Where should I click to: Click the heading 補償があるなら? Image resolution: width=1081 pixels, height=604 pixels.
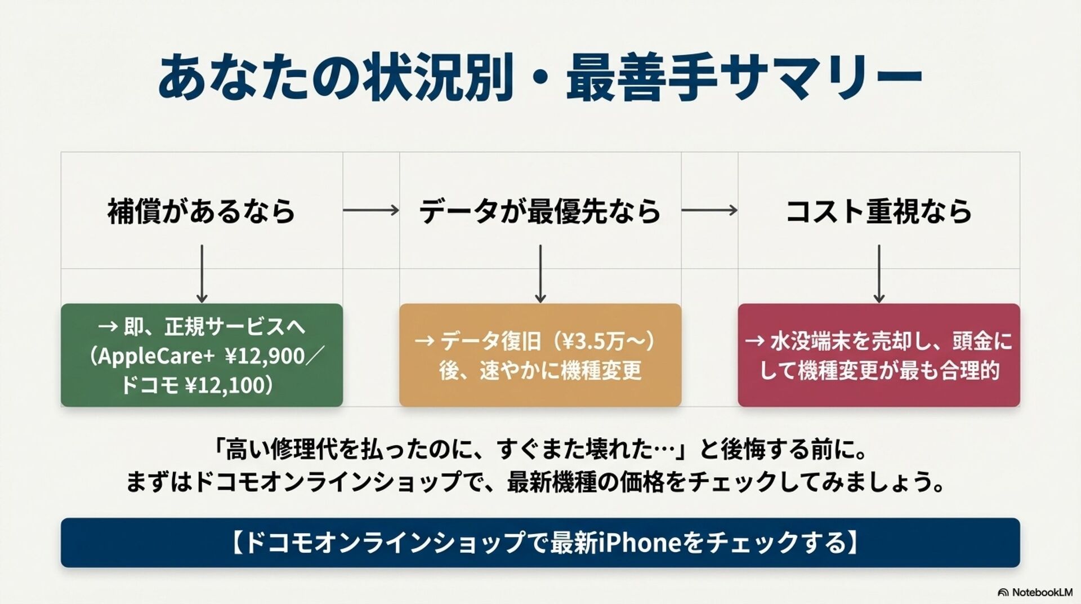(x=202, y=211)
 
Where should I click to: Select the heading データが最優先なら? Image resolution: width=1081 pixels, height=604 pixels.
(x=540, y=211)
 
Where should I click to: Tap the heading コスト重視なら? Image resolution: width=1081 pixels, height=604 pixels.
(x=878, y=211)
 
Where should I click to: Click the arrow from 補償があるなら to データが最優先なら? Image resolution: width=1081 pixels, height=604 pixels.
(x=371, y=210)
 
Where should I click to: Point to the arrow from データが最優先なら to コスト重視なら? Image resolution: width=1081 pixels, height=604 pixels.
(x=709, y=210)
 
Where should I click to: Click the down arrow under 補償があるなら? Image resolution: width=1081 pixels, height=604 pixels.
(x=202, y=274)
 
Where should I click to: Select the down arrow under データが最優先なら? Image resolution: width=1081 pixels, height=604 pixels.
(x=540, y=274)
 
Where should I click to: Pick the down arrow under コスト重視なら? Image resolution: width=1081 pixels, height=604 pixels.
(x=879, y=274)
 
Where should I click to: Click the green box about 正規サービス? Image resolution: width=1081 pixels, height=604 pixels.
(x=202, y=355)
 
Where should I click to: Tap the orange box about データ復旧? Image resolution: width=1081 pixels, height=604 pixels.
(x=540, y=355)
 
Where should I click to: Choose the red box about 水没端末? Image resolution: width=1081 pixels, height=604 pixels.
(x=879, y=355)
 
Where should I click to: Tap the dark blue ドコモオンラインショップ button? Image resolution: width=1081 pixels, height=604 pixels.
(x=540, y=543)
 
